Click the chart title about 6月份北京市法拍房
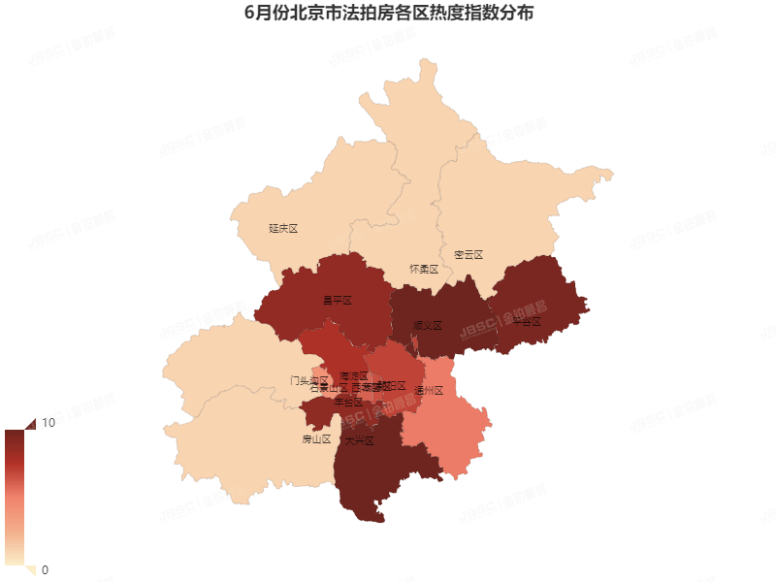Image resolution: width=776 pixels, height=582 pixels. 388,14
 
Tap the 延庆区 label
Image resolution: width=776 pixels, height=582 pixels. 282,229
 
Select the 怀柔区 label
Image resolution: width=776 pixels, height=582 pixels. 424,269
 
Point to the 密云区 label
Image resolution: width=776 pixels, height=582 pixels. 468,255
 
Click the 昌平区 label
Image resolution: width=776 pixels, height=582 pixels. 337,301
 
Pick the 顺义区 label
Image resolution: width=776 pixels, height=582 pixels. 428,326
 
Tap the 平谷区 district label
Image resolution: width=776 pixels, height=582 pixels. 526,321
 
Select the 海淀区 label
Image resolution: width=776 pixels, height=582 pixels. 354,375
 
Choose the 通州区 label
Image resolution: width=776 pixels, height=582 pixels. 428,391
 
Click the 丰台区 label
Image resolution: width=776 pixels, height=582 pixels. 347,402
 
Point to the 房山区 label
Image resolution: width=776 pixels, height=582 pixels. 316,439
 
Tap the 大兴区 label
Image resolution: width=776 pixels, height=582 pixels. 359,440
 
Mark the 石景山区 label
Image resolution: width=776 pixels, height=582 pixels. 328,389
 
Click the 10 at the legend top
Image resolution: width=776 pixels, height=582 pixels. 48,423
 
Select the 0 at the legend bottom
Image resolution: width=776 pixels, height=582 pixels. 45,569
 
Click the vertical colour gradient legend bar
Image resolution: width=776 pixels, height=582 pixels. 15,496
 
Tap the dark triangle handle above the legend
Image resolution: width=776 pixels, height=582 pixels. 29,424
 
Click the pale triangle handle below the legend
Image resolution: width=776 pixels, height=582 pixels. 29,569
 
